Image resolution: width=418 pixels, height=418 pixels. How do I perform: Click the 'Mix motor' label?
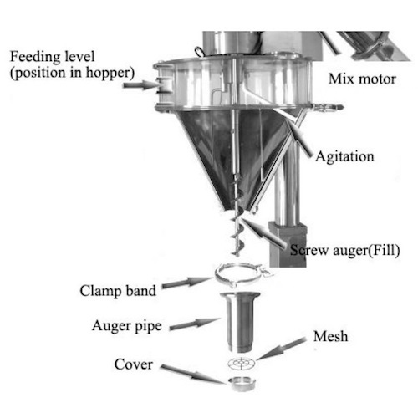coord(362,79)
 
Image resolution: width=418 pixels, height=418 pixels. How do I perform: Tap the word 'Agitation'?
coord(344,156)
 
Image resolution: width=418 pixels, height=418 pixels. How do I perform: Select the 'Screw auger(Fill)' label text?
coord(345,250)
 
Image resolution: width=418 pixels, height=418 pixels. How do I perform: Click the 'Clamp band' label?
coord(118,291)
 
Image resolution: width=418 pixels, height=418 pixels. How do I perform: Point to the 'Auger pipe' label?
coord(127,326)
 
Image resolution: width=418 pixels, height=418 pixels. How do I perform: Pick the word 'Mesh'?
coord(331,336)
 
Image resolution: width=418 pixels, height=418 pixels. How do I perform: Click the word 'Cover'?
coord(134,364)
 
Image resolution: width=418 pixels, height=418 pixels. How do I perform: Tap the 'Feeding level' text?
coord(53,57)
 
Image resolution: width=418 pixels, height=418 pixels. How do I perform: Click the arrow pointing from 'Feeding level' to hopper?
coord(139,84)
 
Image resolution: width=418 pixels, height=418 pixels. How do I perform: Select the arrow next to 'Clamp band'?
coord(186,282)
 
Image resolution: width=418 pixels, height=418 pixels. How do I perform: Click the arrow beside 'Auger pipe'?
coord(195,324)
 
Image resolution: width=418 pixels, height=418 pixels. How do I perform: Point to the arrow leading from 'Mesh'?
coord(281,349)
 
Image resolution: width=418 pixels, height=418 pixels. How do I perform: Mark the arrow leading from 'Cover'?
coord(193,374)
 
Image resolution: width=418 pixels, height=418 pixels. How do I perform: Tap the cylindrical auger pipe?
coord(240,321)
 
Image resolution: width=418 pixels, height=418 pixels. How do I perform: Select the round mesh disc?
coord(241,363)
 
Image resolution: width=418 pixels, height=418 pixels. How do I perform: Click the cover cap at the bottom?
coord(242,384)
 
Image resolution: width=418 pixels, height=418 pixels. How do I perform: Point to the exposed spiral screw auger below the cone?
coord(237,236)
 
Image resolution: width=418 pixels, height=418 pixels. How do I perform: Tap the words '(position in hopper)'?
coord(73,73)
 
